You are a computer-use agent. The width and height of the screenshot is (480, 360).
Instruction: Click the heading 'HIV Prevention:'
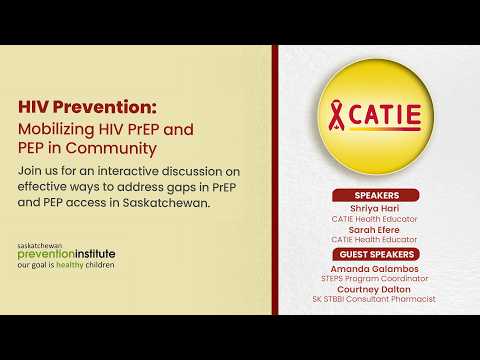pos(87,107)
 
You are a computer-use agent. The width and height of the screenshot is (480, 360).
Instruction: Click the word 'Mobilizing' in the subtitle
pos(56,130)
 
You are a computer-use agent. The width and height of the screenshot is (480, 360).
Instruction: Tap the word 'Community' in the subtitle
pos(111,149)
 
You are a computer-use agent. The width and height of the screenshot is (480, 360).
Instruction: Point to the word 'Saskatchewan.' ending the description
pos(166,203)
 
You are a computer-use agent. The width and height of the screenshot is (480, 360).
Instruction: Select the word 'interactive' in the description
pos(128,171)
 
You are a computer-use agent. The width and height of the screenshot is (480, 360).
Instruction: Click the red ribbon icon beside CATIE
pos(337,116)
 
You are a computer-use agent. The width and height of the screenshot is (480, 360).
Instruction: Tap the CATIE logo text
pos(385,115)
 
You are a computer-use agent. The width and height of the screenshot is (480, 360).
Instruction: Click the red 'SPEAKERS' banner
pos(376,195)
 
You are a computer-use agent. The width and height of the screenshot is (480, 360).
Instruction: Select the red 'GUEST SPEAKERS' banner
pos(376,254)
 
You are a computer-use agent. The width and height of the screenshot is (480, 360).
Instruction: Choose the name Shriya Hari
pos(375,209)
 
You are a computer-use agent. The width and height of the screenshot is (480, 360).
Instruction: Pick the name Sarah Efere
pos(374,230)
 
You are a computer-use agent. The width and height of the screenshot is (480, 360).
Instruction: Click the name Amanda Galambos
pos(374,269)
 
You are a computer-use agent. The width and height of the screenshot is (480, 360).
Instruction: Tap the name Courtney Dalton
pos(374,289)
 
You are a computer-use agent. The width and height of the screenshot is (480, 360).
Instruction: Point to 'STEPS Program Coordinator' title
pos(375,279)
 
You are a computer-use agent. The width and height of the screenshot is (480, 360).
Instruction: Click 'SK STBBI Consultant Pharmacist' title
pos(374,299)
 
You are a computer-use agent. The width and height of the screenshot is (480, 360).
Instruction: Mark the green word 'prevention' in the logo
pos(46,254)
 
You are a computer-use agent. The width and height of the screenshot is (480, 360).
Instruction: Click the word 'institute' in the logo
pos(95,254)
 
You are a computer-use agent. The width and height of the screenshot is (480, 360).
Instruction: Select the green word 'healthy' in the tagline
pos(70,265)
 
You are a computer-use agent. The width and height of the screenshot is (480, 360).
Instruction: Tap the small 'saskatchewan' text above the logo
pos(40,246)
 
